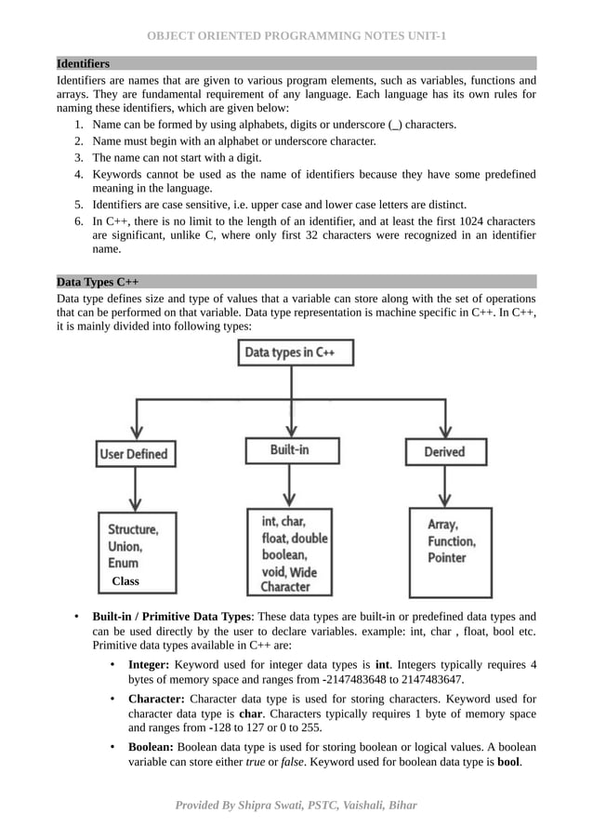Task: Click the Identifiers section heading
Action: pos(83,63)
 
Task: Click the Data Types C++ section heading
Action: pos(98,281)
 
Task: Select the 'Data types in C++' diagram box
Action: pos(289,353)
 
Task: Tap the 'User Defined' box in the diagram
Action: pos(134,454)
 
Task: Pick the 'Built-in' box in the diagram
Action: pos(289,450)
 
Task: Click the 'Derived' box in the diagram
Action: pos(444,452)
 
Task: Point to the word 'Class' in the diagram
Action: pos(125,581)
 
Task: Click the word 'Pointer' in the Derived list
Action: pos(447,557)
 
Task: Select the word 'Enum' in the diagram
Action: pos(123,563)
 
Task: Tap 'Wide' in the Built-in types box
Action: pos(301,572)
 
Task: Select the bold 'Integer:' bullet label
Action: pos(148,665)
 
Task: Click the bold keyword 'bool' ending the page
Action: pos(507,762)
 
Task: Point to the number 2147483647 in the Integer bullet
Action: pos(430,680)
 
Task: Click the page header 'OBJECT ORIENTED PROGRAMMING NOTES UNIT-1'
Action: pos(296,36)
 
